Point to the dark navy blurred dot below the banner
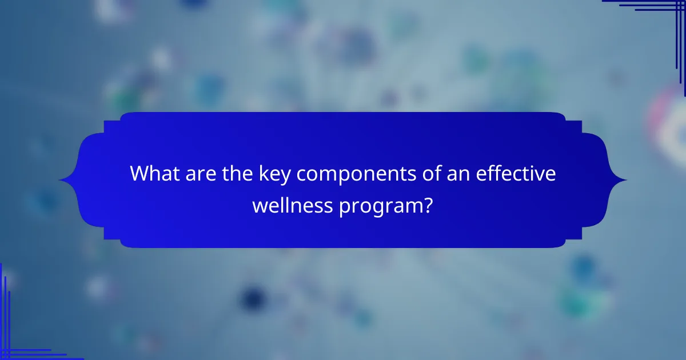click(x=252, y=298)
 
